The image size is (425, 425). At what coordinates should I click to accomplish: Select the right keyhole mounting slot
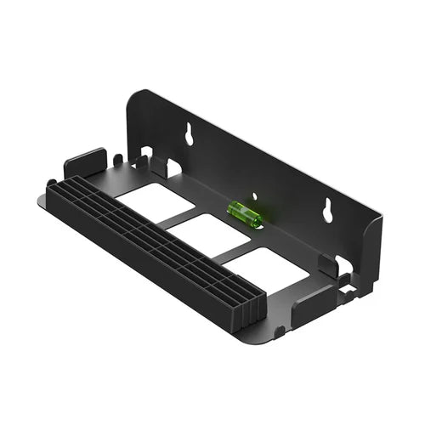pos(327,211)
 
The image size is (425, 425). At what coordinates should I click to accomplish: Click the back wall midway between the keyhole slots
pos(255,166)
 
